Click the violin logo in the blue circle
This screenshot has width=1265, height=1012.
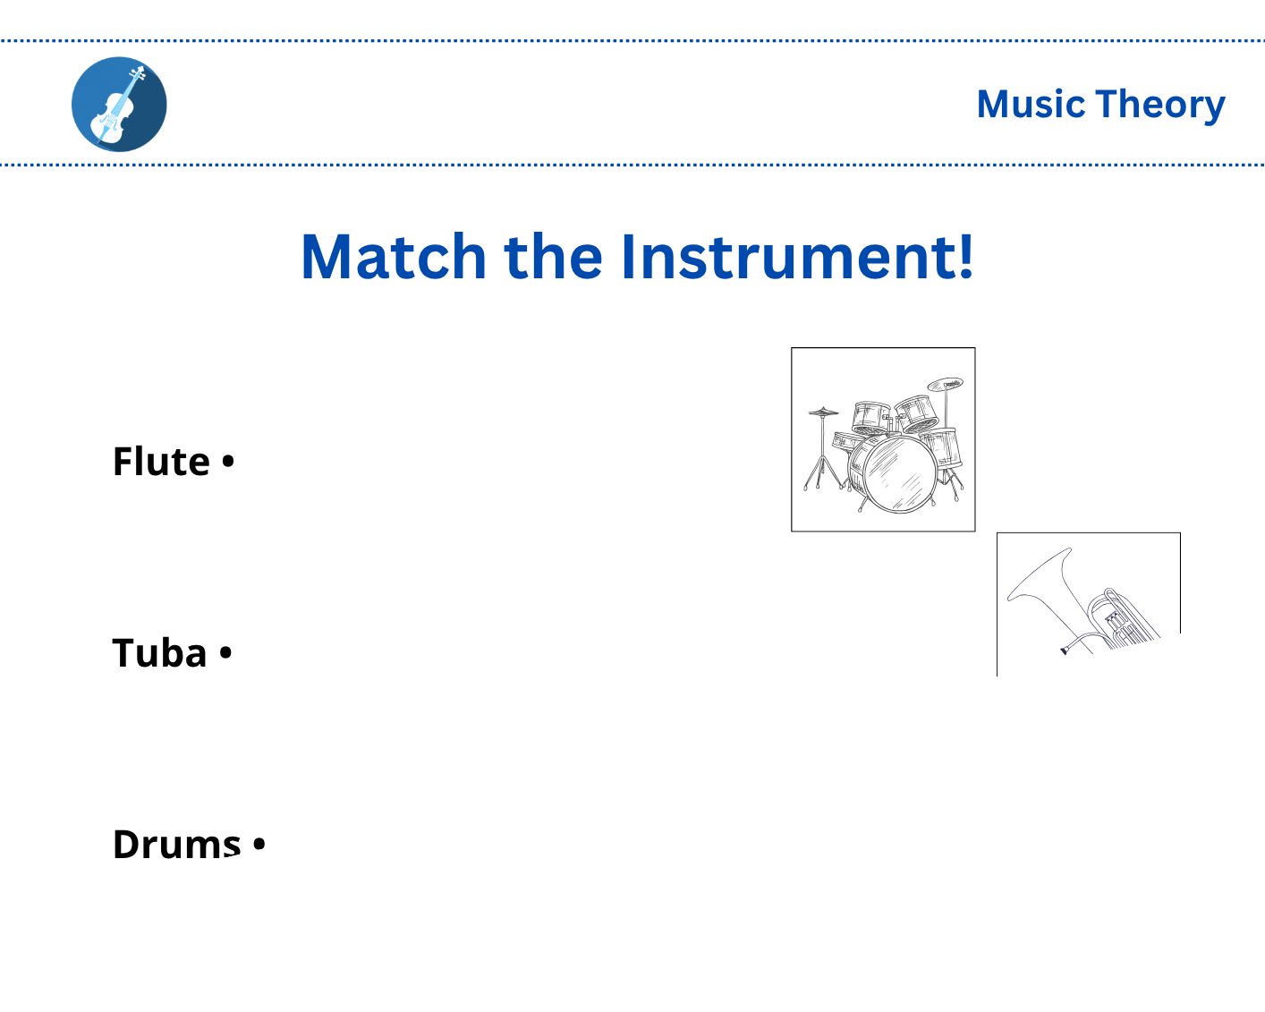click(119, 105)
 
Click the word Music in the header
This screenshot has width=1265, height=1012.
click(1030, 105)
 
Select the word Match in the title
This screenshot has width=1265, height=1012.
click(393, 257)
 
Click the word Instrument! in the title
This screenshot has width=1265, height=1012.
click(796, 257)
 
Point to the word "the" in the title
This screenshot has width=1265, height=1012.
click(554, 257)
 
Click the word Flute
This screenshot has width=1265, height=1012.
click(161, 462)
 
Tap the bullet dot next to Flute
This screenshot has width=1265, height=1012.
click(227, 462)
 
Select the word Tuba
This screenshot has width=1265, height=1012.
click(159, 653)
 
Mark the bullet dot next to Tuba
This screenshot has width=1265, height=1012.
click(225, 653)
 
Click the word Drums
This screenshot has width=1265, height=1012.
click(176, 845)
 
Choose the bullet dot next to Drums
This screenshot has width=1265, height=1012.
click(259, 844)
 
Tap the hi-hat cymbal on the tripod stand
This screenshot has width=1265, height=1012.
click(823, 412)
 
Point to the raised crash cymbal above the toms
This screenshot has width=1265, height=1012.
click(945, 385)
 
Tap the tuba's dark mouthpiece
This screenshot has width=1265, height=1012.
click(1065, 650)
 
